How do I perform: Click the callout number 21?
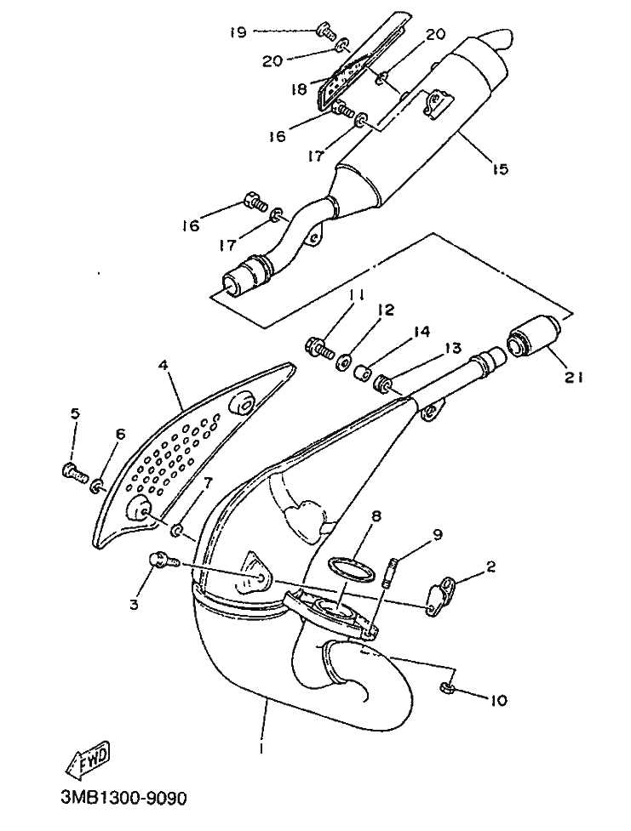[573, 377]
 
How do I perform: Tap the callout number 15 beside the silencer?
[499, 168]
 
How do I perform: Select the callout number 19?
[238, 32]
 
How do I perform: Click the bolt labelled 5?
[75, 470]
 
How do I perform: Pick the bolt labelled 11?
[320, 348]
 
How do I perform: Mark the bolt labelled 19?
[326, 31]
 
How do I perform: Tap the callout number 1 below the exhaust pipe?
[261, 748]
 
